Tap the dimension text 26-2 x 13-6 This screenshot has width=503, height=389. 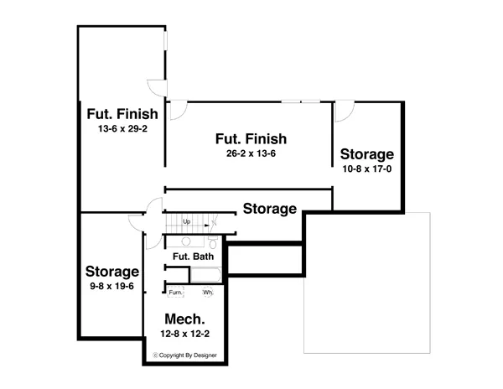coord(251,155)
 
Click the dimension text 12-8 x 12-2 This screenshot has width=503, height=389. coord(185,335)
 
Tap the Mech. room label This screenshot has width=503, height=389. coord(185,319)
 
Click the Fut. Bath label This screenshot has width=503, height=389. coord(193,257)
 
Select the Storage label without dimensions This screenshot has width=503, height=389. coord(270,209)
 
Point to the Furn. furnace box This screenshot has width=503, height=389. coord(175,293)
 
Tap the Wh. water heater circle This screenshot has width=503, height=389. coord(208,293)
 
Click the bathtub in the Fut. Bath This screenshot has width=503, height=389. coord(205,274)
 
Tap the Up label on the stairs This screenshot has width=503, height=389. coord(186,221)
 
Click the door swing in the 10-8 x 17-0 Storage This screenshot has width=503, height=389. coord(345,112)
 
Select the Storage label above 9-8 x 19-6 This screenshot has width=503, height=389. coord(111,272)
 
